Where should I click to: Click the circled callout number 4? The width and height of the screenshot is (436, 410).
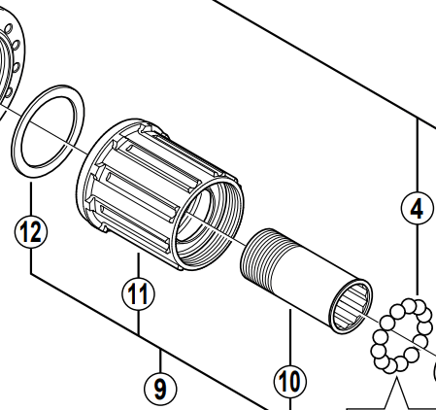pyautogui.click(x=416, y=208)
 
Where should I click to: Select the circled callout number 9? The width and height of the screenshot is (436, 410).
pyautogui.click(x=160, y=388)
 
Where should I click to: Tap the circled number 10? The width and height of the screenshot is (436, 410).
pyautogui.click(x=289, y=380)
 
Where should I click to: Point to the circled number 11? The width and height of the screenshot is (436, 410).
pyautogui.click(x=138, y=290)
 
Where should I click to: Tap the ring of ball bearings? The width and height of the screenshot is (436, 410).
pyautogui.click(x=400, y=334)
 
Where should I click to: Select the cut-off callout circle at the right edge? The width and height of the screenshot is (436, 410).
pyautogui.click(x=432, y=372)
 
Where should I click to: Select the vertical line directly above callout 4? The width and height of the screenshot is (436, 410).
pyautogui.click(x=416, y=155)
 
